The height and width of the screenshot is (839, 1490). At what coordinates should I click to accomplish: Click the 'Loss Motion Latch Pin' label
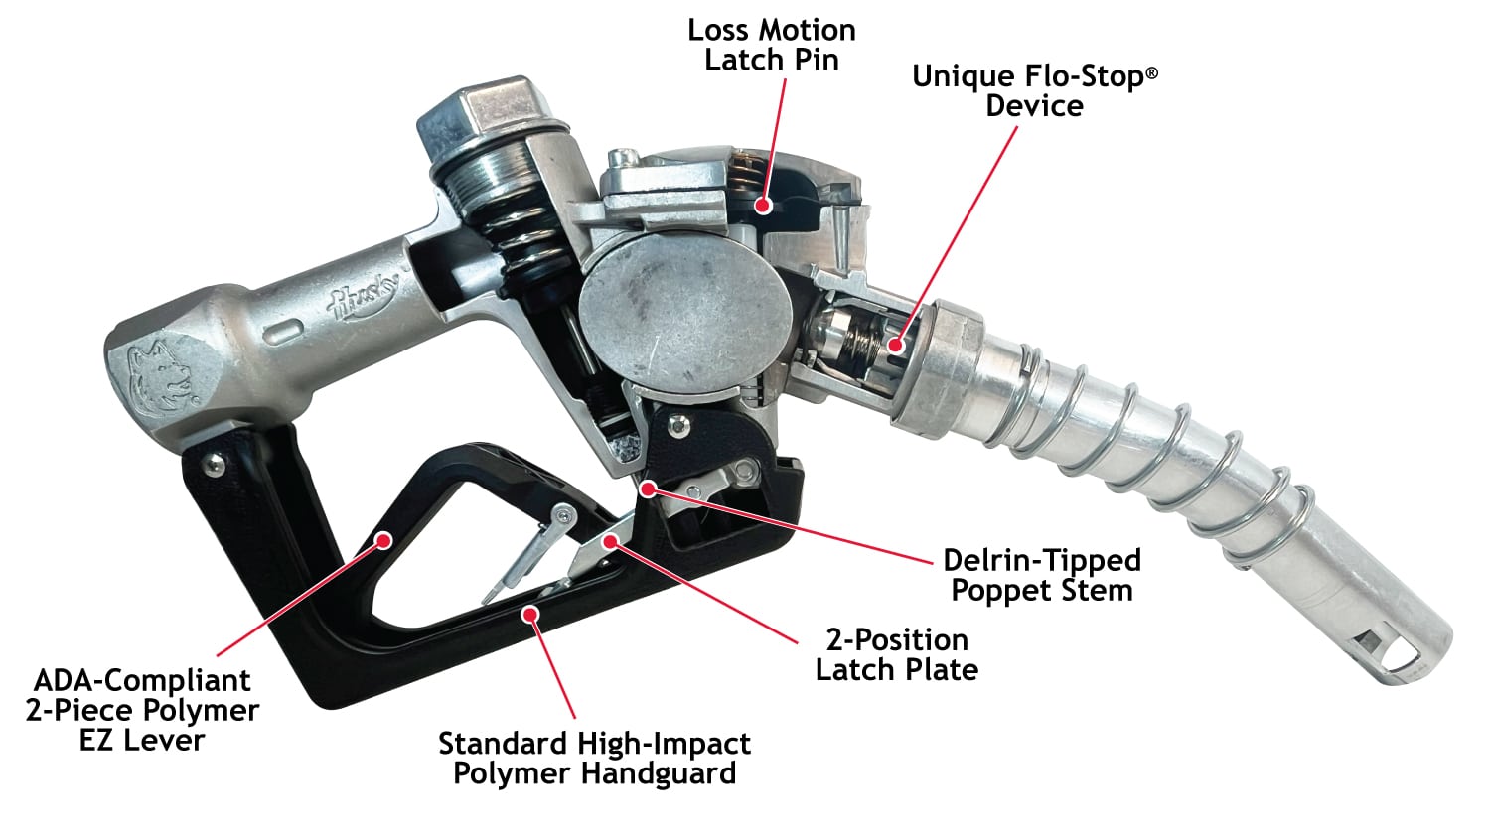(x=772, y=46)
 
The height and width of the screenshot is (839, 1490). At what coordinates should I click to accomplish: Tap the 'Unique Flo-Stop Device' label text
(x=1035, y=91)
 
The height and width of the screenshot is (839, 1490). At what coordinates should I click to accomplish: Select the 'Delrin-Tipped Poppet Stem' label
(x=1042, y=575)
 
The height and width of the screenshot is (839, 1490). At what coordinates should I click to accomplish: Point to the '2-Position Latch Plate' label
(x=897, y=655)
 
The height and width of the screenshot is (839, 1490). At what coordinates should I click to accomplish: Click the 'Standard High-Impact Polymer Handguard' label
(x=595, y=758)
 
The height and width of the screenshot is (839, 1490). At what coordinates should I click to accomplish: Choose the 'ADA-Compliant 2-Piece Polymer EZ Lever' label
(x=142, y=710)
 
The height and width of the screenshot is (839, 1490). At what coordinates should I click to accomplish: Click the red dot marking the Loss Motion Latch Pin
(x=763, y=206)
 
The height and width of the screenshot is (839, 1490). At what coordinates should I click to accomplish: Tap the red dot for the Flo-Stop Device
(x=896, y=346)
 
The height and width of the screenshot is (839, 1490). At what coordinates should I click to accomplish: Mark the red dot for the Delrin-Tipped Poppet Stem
(x=648, y=489)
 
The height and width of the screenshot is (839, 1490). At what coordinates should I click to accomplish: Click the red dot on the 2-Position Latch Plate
(x=609, y=542)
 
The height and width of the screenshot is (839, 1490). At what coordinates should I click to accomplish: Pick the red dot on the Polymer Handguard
(x=530, y=614)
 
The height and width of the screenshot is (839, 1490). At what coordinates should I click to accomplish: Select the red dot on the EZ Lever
(x=383, y=540)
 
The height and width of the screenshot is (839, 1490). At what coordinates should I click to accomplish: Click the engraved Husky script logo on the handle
(x=365, y=295)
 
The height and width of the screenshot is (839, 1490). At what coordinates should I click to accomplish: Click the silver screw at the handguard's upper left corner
(x=213, y=464)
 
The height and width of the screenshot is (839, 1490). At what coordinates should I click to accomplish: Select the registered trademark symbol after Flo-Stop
(x=1152, y=72)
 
